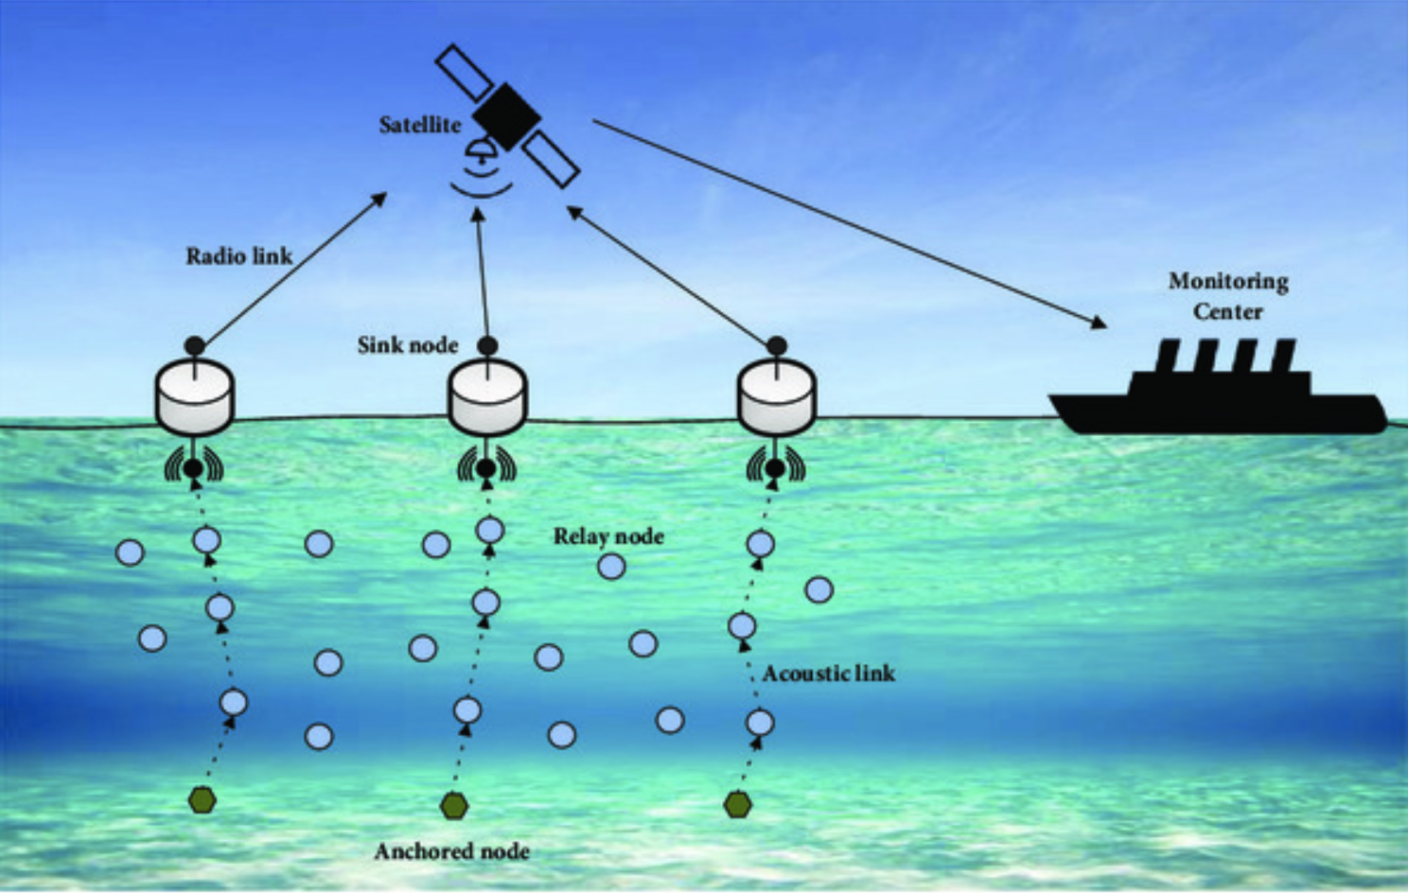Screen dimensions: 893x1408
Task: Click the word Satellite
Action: pos(419,125)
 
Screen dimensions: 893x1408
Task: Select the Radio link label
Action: pos(238,256)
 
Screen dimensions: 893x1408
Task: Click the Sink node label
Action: pos(408,345)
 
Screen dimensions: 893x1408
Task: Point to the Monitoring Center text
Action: pos(1227,296)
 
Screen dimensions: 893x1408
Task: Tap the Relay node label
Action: pos(608,536)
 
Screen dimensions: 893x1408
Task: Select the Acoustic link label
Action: pos(828,674)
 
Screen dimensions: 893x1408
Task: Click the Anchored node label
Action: pos(451,851)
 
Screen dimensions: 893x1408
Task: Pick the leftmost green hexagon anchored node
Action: pos(202,800)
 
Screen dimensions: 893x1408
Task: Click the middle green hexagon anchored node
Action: pos(454,806)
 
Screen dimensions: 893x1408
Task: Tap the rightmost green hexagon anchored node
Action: pos(737,805)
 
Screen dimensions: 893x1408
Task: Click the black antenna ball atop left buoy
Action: pos(194,346)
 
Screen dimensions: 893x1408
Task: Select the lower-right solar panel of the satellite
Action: pos(551,158)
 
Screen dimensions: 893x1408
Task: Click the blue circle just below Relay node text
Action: pos(611,567)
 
